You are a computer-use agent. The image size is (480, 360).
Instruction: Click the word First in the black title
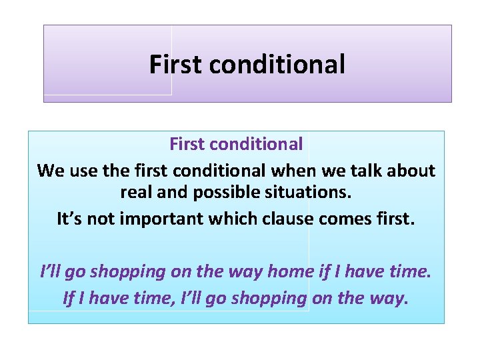pos(175,65)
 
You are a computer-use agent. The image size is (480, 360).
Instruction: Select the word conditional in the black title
pos(277,65)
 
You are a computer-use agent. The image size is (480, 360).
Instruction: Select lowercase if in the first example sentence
pos(325,271)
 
